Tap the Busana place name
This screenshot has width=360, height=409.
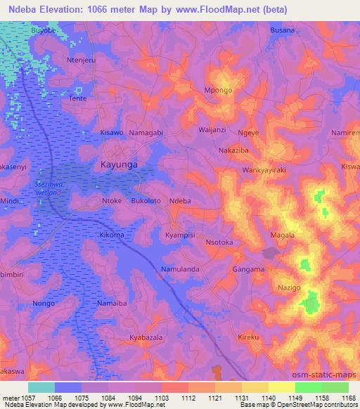(283, 31)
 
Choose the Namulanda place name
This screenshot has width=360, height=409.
(181, 269)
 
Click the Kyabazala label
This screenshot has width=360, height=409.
(146, 338)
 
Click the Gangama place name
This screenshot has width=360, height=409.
(248, 269)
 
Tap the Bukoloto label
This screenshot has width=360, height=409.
(146, 201)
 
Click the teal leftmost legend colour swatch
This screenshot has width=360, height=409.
(41, 387)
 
